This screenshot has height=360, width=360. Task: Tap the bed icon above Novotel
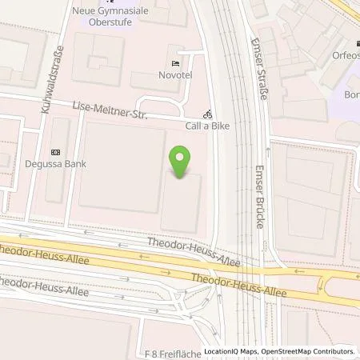[175, 63]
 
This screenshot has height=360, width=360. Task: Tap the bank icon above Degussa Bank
[55, 152]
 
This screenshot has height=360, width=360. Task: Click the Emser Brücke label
[258, 196]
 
